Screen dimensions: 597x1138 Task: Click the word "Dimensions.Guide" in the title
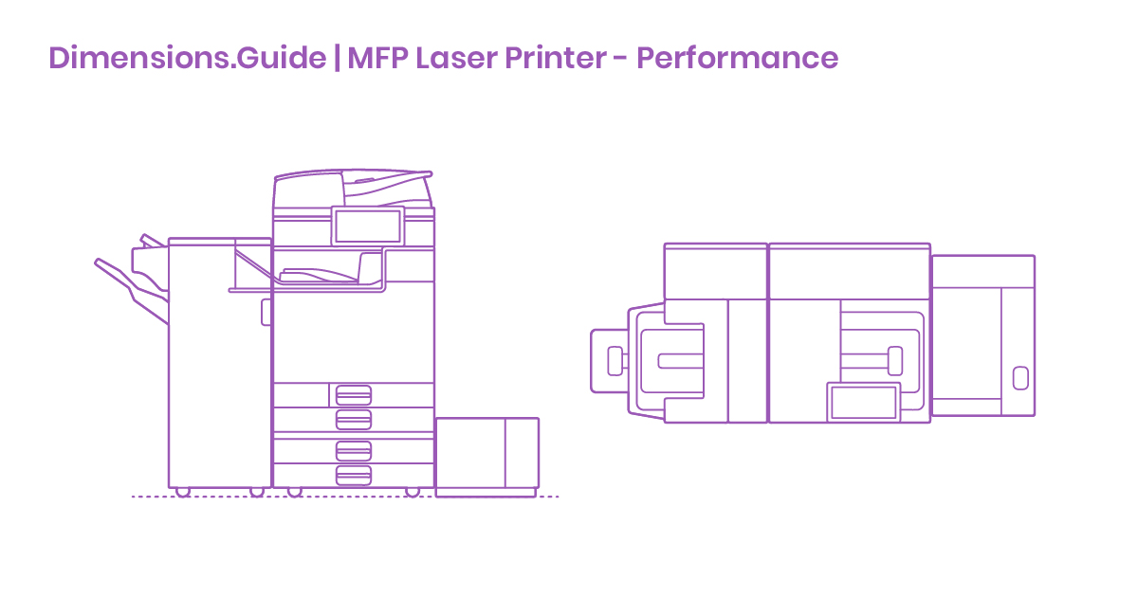click(x=186, y=59)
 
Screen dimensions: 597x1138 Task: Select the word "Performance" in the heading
click(x=737, y=59)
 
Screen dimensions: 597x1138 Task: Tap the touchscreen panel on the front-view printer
click(x=367, y=226)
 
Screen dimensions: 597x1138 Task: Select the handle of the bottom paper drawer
click(x=353, y=476)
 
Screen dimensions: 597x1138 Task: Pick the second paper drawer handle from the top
click(x=353, y=419)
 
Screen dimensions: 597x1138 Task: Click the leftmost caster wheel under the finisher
click(x=182, y=492)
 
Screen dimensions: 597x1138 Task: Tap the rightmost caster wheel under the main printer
click(x=412, y=492)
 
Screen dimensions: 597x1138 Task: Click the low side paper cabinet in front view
click(x=486, y=456)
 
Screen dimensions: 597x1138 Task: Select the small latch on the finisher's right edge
click(x=266, y=312)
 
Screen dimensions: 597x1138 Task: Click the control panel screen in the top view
click(x=863, y=402)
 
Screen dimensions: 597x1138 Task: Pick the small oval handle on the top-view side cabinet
click(x=1019, y=377)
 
